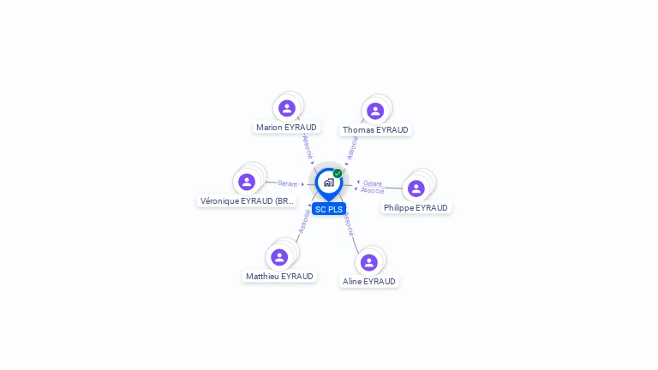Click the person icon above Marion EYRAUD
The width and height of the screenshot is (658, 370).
tap(287, 108)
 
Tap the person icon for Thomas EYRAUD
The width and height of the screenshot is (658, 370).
tap(374, 110)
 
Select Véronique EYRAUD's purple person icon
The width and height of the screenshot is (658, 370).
tap(247, 182)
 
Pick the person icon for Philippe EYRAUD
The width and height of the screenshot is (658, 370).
tap(416, 188)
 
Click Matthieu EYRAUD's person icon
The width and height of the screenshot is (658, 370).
tap(279, 257)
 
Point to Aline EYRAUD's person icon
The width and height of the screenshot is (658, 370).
tap(369, 262)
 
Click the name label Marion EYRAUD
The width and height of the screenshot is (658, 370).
tap(286, 128)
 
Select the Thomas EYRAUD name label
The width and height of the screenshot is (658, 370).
tap(375, 130)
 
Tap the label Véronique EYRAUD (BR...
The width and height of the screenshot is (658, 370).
tap(247, 201)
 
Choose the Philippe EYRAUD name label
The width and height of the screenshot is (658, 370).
tap(416, 208)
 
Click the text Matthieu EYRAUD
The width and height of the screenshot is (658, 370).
tap(279, 277)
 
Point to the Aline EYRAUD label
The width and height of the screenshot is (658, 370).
tap(369, 282)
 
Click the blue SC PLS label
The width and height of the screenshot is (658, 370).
tap(329, 209)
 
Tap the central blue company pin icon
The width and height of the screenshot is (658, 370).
tap(328, 182)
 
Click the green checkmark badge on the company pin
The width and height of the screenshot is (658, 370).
tap(338, 173)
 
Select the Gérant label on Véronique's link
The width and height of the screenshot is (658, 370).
tap(287, 183)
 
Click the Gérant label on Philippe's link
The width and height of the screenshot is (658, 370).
tap(372, 183)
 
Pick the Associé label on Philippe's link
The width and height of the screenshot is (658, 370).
tap(373, 190)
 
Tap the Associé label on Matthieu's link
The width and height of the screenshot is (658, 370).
tap(303, 221)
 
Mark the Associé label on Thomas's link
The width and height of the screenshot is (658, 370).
tap(352, 147)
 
